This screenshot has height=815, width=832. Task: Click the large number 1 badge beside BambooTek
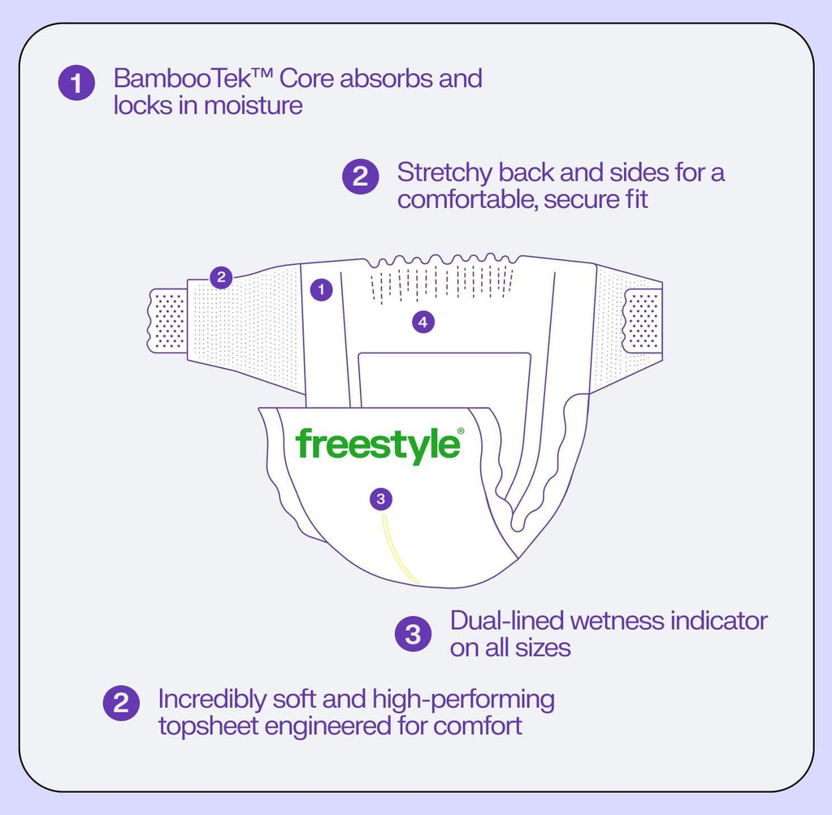(x=76, y=83)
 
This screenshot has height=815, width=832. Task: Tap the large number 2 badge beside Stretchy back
(x=360, y=176)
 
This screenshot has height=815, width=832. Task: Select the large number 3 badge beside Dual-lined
(x=413, y=634)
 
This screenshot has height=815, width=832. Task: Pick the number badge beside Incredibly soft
(x=121, y=704)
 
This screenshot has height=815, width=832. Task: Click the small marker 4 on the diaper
(x=422, y=322)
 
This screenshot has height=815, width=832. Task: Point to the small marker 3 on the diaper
(x=380, y=499)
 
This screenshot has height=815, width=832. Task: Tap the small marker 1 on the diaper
(x=321, y=290)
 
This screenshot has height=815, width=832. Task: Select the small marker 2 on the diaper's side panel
(x=221, y=277)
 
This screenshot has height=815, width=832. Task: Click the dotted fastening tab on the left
(x=167, y=320)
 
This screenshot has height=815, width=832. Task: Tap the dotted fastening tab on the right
(x=643, y=320)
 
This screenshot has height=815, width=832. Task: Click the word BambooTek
(x=182, y=79)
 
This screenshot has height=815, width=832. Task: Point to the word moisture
(x=253, y=105)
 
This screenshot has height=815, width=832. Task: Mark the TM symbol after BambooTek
(x=262, y=72)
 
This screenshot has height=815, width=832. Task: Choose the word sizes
(x=542, y=648)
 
